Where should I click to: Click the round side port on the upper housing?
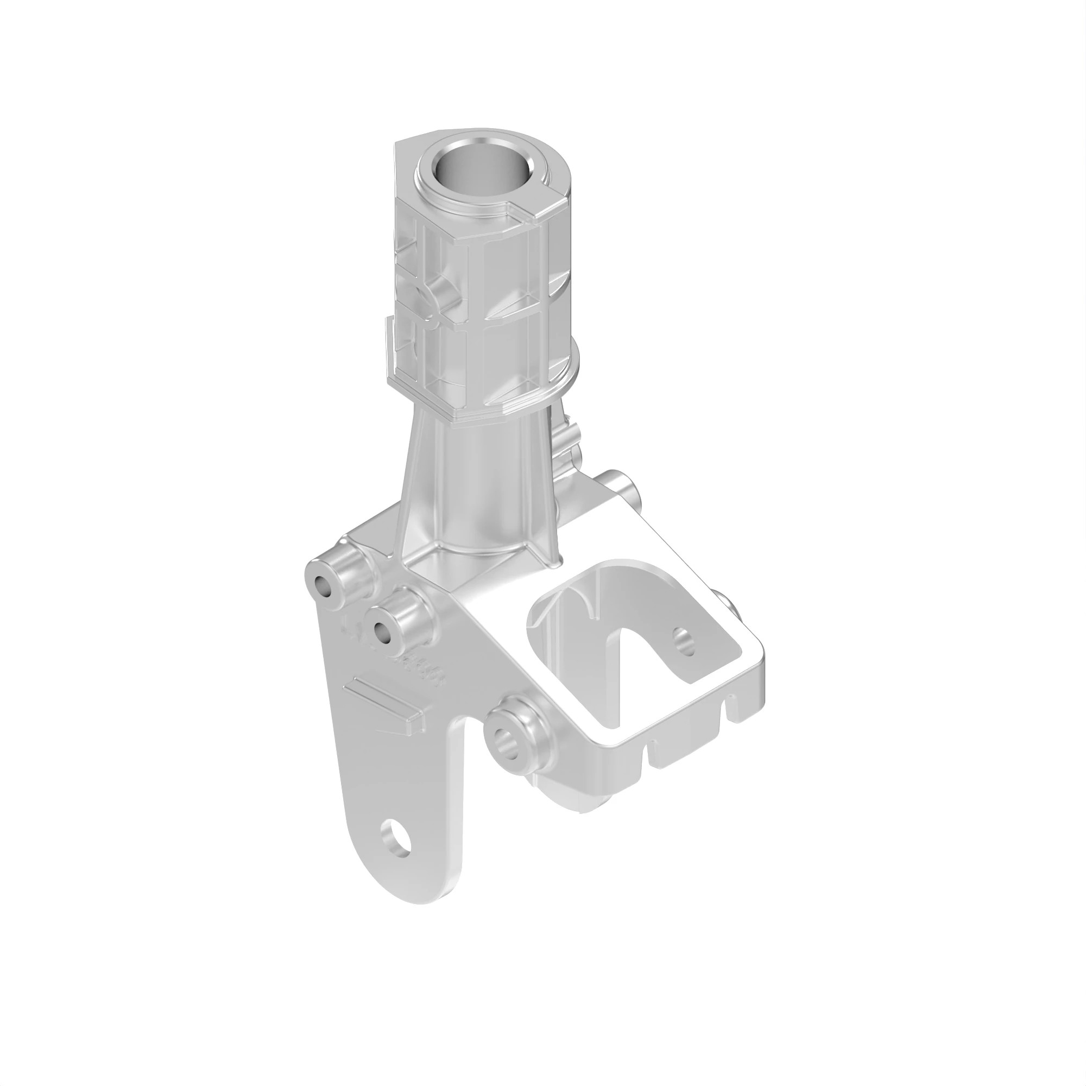(x=444, y=293)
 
